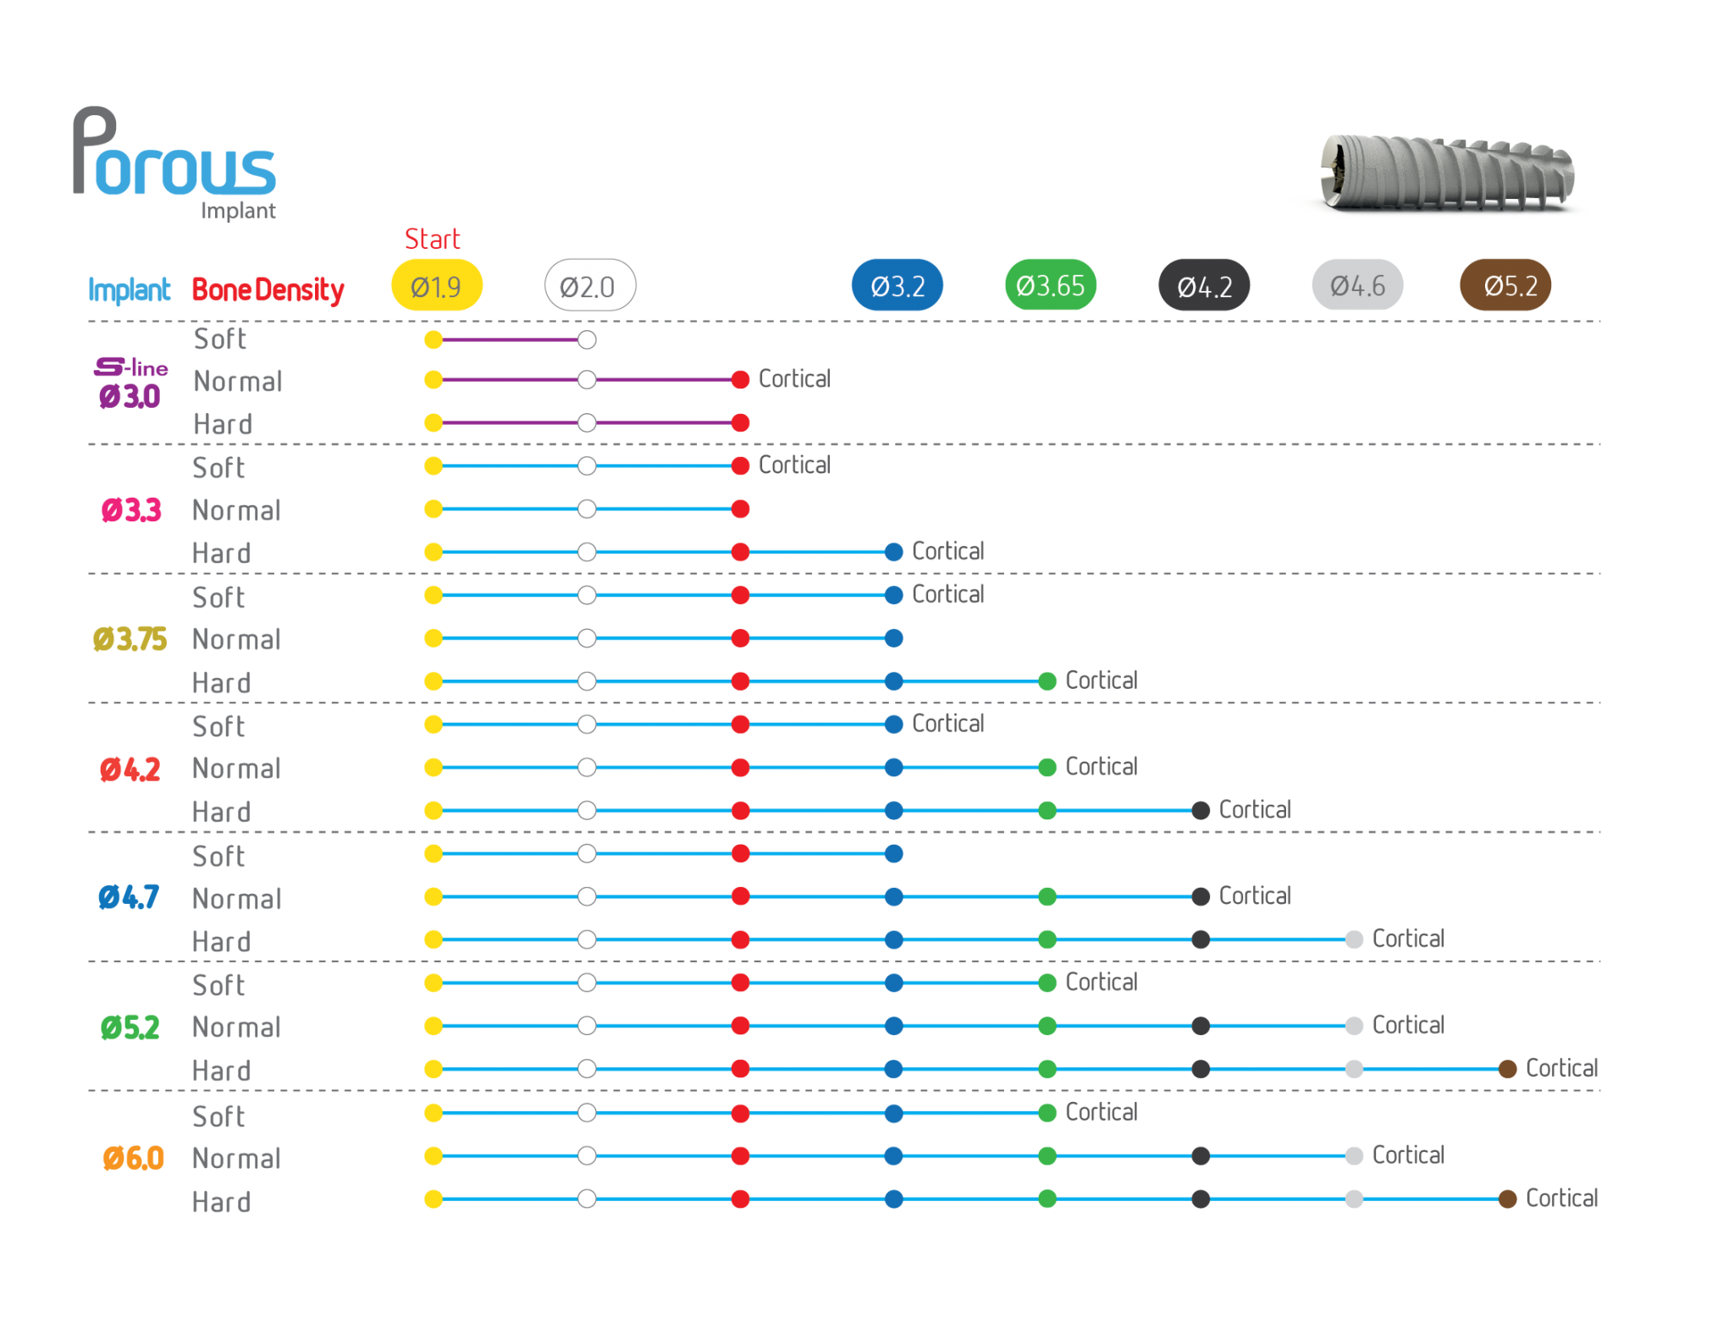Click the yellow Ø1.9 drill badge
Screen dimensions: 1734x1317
(x=436, y=285)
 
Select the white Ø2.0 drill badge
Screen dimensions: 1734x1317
(x=589, y=285)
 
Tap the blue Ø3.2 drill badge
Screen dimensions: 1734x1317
(x=897, y=285)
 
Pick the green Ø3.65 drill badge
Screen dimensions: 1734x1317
(x=1050, y=285)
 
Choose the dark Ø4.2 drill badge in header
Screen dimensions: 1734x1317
(x=1204, y=285)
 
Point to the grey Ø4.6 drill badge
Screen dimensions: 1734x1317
(x=1357, y=285)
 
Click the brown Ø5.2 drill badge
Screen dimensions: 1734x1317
(x=1505, y=285)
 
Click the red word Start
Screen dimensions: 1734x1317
(x=432, y=239)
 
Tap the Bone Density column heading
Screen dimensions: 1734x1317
(x=268, y=289)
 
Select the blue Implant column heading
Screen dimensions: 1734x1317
(x=129, y=289)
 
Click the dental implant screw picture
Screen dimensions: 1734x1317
(x=1447, y=173)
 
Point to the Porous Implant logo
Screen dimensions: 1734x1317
(x=174, y=163)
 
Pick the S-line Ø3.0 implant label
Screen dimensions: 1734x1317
(x=130, y=383)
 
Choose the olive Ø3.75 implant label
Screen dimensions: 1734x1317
(x=130, y=639)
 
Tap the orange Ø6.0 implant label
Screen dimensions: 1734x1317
(x=133, y=1157)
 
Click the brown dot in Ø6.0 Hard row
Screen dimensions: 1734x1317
(x=1507, y=1199)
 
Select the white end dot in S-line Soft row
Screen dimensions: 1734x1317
(x=587, y=340)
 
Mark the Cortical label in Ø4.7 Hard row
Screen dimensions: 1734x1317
(x=1408, y=939)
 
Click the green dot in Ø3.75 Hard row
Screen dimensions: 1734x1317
(x=1047, y=681)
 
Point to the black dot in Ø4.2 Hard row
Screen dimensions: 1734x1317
(x=1201, y=811)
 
